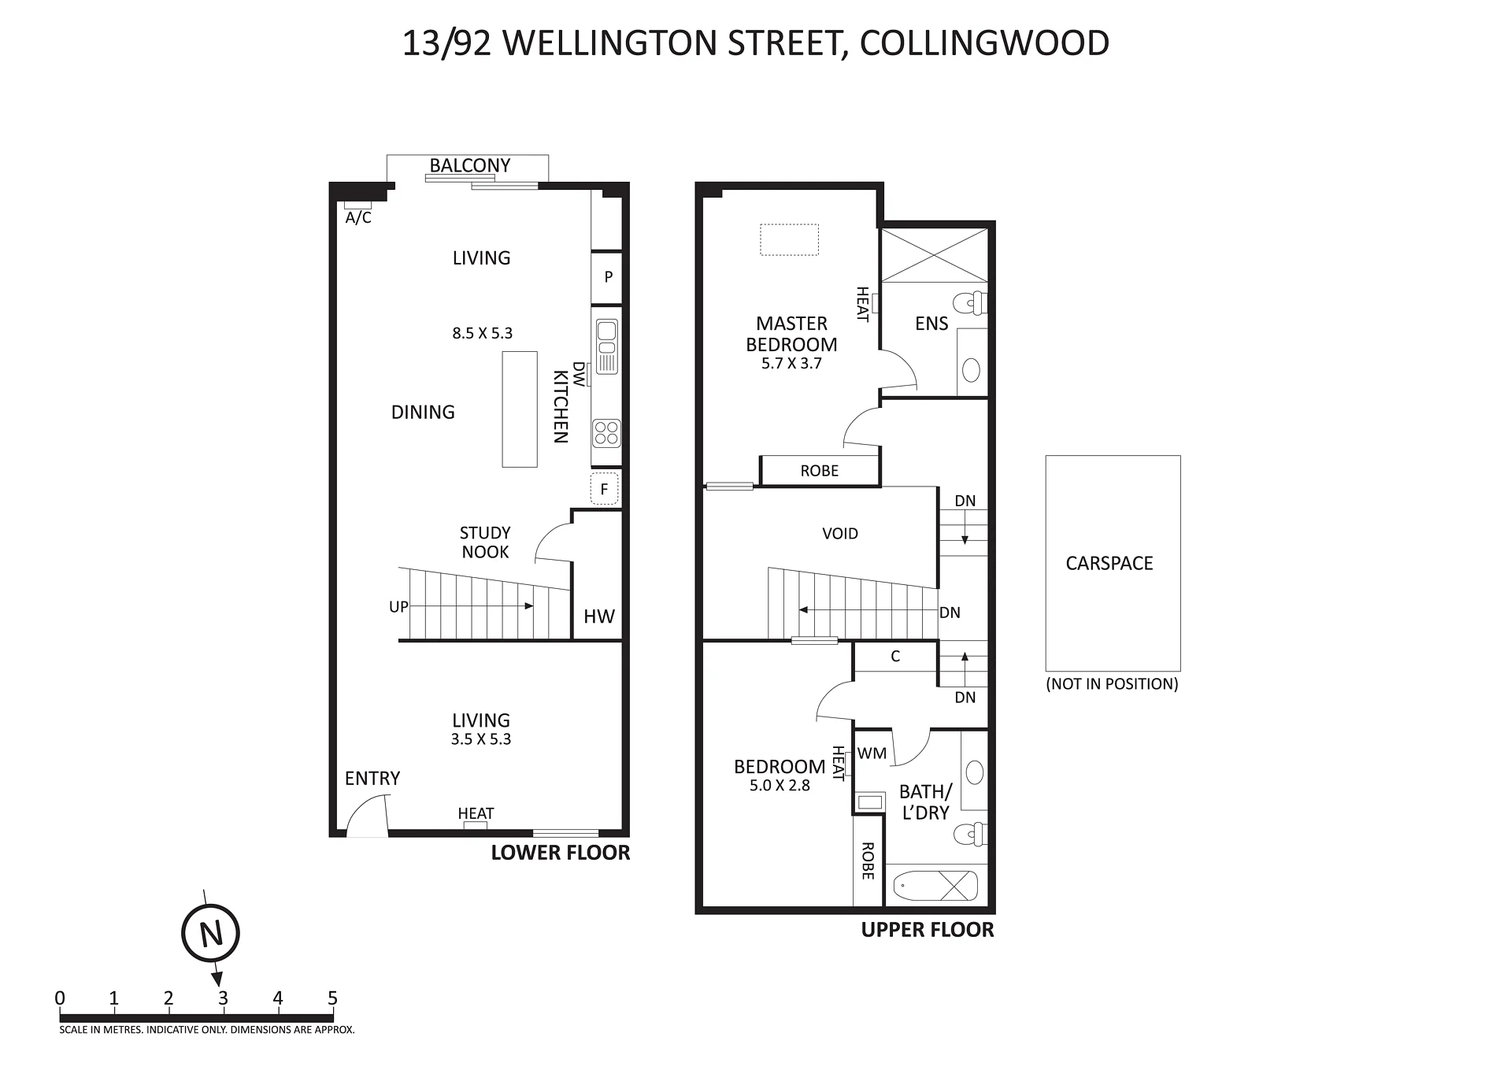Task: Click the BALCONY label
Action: click(470, 165)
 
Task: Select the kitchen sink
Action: click(607, 346)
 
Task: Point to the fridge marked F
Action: click(605, 489)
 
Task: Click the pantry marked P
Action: click(607, 277)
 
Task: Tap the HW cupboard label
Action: click(599, 616)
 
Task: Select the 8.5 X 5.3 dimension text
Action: click(482, 333)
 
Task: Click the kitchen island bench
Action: click(520, 409)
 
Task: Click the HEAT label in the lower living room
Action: click(476, 813)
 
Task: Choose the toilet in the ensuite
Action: click(970, 303)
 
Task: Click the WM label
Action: click(872, 753)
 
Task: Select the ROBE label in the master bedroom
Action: click(820, 471)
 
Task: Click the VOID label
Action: click(840, 534)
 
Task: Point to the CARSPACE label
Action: click(1109, 563)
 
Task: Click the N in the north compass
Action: click(210, 934)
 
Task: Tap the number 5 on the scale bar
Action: click(332, 998)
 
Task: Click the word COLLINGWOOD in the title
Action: click(984, 43)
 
